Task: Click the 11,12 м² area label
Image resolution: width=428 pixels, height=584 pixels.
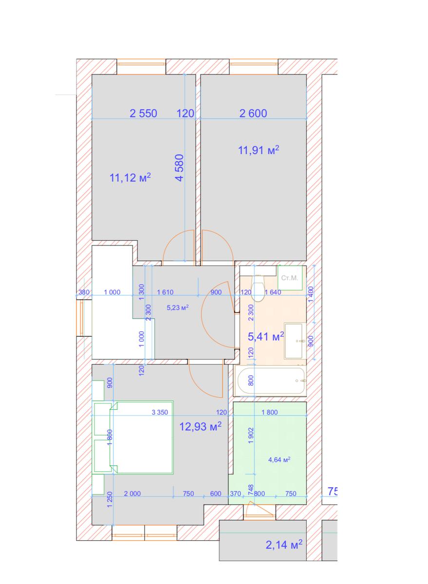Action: pyautogui.click(x=130, y=178)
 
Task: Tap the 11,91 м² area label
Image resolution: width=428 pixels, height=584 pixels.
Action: pyautogui.click(x=259, y=150)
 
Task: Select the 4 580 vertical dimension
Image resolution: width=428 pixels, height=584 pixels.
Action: pyautogui.click(x=180, y=167)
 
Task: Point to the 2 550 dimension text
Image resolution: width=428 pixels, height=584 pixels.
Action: pyautogui.click(x=143, y=113)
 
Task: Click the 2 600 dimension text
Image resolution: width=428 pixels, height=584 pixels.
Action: pyautogui.click(x=253, y=113)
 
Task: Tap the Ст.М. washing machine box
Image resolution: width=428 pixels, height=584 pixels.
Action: pyautogui.click(x=290, y=278)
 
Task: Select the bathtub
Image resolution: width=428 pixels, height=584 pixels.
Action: pyautogui.click(x=270, y=381)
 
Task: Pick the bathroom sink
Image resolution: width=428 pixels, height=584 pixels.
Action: pyautogui.click(x=295, y=341)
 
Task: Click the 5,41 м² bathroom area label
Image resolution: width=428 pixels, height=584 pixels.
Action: pyautogui.click(x=266, y=337)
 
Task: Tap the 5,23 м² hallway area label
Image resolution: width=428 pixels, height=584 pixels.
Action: pyautogui.click(x=178, y=308)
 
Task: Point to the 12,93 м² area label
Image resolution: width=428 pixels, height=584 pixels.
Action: pyautogui.click(x=200, y=426)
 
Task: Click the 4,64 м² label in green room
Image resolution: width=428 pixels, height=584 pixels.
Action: pyautogui.click(x=279, y=459)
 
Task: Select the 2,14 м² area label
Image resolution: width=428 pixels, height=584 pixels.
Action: pyautogui.click(x=284, y=545)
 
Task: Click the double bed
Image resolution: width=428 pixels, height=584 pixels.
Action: pyautogui.click(x=133, y=437)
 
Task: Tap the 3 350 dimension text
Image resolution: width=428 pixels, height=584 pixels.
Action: pyautogui.click(x=160, y=412)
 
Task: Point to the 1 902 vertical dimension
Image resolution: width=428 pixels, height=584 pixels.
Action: pyautogui.click(x=251, y=435)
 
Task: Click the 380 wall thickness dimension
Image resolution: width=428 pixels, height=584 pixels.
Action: pyautogui.click(x=84, y=292)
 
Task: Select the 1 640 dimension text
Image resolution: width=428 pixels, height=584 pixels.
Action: pyautogui.click(x=273, y=292)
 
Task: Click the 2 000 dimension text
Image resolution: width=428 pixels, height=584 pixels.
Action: pyautogui.click(x=132, y=493)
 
